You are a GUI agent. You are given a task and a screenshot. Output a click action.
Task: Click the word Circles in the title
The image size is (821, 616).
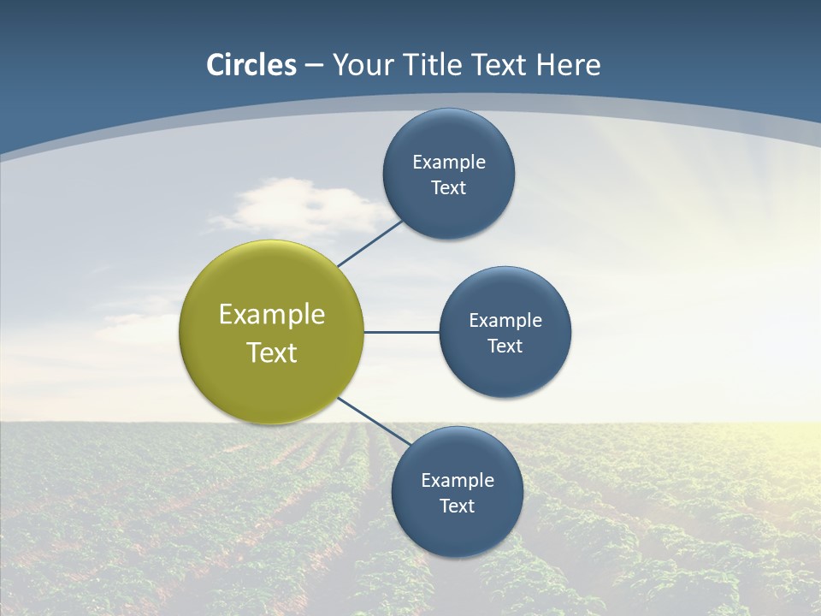[x=251, y=65]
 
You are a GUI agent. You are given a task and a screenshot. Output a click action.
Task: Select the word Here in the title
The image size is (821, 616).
[x=568, y=65]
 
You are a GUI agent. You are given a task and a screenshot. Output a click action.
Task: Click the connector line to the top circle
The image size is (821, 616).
[x=369, y=244]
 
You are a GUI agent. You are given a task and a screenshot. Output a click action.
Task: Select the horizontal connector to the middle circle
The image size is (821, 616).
[x=401, y=332]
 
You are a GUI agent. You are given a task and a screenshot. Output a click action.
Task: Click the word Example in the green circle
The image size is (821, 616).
[x=272, y=315]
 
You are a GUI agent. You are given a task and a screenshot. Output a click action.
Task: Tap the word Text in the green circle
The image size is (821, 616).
[x=272, y=352]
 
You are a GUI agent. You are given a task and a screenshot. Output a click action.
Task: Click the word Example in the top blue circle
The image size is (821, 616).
[x=449, y=163]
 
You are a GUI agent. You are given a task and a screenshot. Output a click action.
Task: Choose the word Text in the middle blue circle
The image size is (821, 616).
[x=505, y=346]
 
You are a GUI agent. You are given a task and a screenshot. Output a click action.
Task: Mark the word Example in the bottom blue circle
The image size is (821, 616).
[x=458, y=481]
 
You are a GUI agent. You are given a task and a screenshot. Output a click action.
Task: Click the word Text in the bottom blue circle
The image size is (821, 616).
[x=457, y=506]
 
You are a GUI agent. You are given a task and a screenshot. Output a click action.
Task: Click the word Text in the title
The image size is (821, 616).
[x=499, y=65]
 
